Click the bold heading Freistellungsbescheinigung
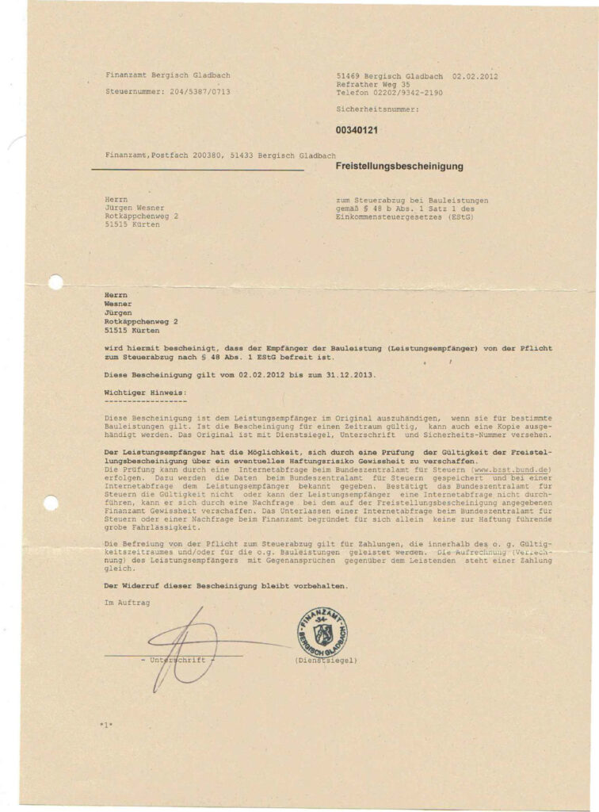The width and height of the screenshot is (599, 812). click(x=399, y=167)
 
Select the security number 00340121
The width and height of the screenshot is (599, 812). click(x=357, y=129)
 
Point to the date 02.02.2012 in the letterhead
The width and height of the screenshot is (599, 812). click(x=475, y=75)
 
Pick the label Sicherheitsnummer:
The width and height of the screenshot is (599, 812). click(x=377, y=109)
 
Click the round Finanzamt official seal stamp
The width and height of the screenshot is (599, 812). click(x=322, y=631)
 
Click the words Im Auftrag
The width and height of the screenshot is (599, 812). click(x=127, y=603)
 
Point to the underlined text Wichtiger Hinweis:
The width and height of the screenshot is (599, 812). click(x=147, y=393)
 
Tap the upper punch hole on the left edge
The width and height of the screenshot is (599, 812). click(x=55, y=282)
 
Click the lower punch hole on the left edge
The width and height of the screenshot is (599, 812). click(x=51, y=503)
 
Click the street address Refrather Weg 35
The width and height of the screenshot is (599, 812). click(x=372, y=84)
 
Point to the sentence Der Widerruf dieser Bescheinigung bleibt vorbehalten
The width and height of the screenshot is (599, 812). click(x=226, y=585)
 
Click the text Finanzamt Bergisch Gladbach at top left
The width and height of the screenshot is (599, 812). click(x=168, y=75)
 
